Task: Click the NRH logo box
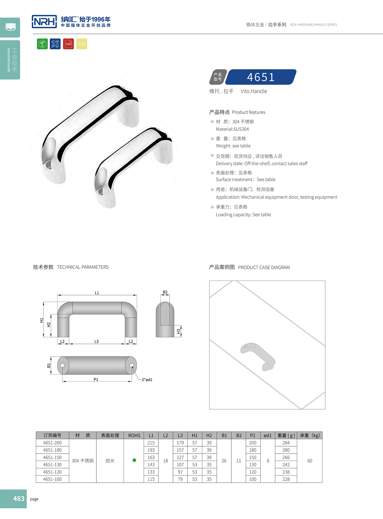[x=44, y=22]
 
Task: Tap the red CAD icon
[x=68, y=44]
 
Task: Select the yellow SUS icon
[x=82, y=44]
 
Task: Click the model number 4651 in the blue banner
[x=261, y=77]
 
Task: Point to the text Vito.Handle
[x=254, y=91]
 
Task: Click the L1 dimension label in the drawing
[x=97, y=293]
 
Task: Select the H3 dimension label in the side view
[x=178, y=332]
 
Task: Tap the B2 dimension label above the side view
[x=165, y=292]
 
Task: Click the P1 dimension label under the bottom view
[x=96, y=379]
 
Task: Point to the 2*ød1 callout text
[x=147, y=380]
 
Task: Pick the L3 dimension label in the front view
[x=96, y=341]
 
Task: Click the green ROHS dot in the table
[x=134, y=460]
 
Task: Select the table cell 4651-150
[x=52, y=457]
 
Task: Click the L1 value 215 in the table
[x=151, y=443]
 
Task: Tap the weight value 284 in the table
[x=286, y=443]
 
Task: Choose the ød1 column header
[x=267, y=435]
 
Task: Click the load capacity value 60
[x=309, y=461]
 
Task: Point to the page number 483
[x=19, y=498]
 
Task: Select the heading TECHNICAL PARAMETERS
[x=83, y=267]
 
